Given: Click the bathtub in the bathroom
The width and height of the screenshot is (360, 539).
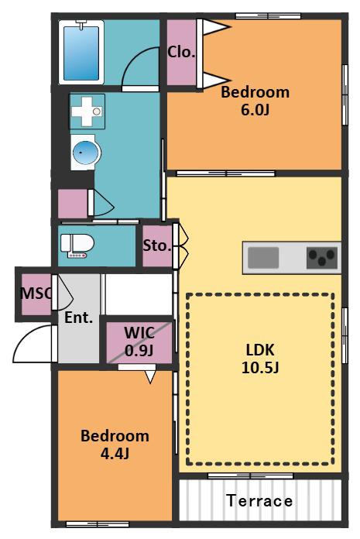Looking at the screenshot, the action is pos(81,52).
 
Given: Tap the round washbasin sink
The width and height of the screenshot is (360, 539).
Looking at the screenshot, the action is pos(85,153).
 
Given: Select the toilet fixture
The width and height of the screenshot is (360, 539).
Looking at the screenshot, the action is pos(77,245).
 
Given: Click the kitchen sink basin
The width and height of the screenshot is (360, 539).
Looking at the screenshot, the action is pos(263,257).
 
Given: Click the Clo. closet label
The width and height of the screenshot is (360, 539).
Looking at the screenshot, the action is pos(181,52).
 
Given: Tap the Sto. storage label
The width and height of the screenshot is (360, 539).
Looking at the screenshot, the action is pos(157,245).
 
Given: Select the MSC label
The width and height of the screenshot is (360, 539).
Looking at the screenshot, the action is pos(36,294).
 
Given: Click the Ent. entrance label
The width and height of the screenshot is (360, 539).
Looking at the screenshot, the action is pos(79,318).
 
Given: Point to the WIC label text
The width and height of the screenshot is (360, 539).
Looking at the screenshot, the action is pos(139,332).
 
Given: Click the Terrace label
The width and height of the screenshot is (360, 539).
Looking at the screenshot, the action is pos(259,500).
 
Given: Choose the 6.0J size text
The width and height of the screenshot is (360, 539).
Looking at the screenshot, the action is pos(255,110).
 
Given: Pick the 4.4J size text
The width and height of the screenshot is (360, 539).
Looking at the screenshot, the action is pos(115,454).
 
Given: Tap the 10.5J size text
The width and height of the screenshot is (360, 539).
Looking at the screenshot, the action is pos(260,368).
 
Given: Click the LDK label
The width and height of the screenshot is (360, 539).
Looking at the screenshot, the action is pos(260,350).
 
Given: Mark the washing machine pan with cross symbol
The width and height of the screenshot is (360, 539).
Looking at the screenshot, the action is pos(87,112).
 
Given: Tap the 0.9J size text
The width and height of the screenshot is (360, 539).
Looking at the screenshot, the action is pos(139,350).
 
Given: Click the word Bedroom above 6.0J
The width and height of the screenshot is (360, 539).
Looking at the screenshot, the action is pos(255,92).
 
